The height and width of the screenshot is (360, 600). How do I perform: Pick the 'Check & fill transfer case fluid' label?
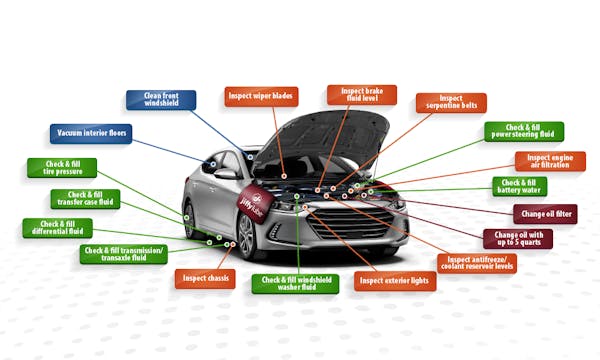coord(85,199)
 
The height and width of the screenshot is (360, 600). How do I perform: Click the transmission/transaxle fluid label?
coord(124,254)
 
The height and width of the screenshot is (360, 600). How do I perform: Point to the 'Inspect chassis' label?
coord(205,278)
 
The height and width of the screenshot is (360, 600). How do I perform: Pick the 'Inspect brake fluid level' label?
coord(347,95)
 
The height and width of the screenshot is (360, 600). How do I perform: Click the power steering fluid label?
coord(523,132)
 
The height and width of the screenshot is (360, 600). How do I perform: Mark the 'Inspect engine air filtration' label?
coord(550,161)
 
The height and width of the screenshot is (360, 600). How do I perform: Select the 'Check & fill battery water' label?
coord(520,186)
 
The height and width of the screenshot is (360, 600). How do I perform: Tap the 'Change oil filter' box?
coord(546,213)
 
